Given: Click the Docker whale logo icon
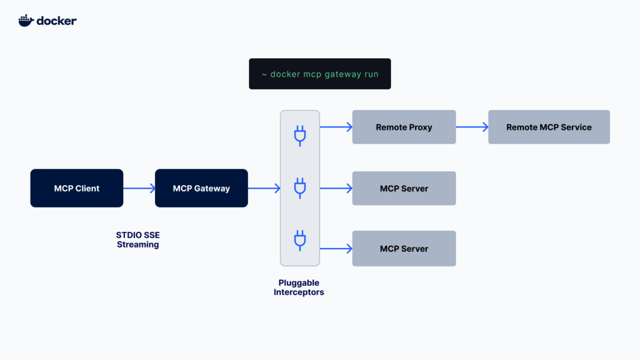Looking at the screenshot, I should coord(26,21).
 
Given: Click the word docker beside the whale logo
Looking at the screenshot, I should coord(57,21).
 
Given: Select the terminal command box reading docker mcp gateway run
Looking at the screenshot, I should coord(319,74).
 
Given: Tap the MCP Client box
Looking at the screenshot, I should coord(77,188).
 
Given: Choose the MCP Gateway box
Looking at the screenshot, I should coord(201,188).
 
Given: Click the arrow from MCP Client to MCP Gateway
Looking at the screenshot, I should coord(139,188).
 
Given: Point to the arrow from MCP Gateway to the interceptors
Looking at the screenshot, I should coord(264,188).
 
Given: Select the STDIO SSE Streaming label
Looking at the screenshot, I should coord(138,239).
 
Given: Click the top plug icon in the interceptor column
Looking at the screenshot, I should coord(300,136).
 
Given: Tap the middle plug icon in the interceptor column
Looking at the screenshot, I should coord(300,188).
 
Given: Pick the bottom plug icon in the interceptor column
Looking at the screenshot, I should coord(300,240).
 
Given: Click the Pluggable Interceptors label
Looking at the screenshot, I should coord(299,287).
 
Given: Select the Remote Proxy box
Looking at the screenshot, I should coord(404,127).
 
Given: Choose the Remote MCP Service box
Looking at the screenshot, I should coord(549,127).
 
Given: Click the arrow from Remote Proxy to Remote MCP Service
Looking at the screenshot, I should coord(472,127).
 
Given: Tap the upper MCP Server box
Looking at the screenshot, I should coord(404,188).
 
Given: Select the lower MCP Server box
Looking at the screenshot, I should coord(404,249).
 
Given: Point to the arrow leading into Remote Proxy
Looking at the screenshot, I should coord(336,127).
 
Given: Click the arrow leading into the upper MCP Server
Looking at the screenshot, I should coord(336,188).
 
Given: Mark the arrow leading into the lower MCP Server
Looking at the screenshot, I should coord(336,249).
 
